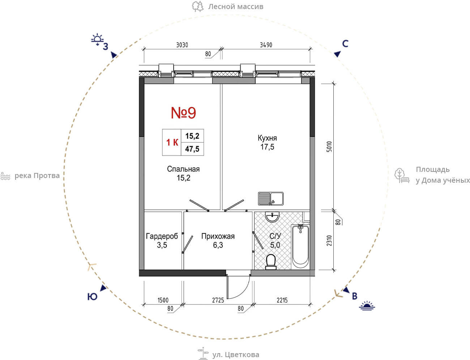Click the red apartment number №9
184,113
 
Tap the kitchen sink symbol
271,199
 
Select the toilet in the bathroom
271,262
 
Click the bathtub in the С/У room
300,246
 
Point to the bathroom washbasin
272,217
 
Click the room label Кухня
267,138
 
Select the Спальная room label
183,169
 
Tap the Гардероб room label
162,236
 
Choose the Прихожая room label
218,236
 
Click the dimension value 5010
329,147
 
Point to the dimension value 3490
266,45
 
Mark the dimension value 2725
218,300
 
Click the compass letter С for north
345,44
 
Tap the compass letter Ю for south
92,297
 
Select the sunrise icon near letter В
367,306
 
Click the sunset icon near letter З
97,39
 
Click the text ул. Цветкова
235,355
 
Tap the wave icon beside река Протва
5,176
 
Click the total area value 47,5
192,149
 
